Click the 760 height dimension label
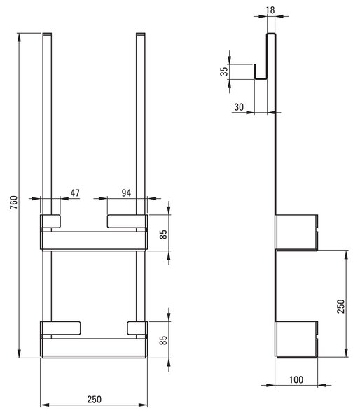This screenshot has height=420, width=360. pos(14,202)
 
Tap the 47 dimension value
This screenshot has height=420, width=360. pos(75,193)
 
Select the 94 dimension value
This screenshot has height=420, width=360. pos(126,193)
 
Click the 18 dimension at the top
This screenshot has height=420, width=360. pos(270,10)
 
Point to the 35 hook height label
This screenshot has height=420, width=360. pos(224,71)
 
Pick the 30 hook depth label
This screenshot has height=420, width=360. pos(239,107)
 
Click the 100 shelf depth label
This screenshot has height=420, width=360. pos(296,380)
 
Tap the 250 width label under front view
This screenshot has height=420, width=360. pos(95,400)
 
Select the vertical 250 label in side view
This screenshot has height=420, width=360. pos(340,307)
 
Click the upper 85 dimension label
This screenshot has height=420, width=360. pos(163,234)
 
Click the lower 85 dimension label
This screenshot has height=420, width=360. pos(163,340)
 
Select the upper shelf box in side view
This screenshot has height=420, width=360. pos(296,232)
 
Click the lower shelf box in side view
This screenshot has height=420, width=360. pos(296,339)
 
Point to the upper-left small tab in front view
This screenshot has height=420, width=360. pos(50,221)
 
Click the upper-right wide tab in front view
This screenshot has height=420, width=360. pos(127,221)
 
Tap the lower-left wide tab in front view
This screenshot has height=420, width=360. pos(60,328)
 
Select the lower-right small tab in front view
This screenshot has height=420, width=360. pos(137,328)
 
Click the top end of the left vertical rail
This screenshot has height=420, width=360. pos(47,34)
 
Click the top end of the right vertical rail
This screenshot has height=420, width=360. pos(141,34)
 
